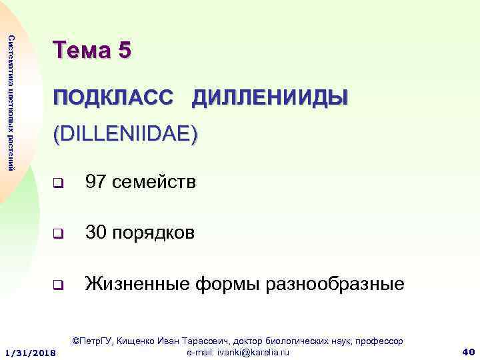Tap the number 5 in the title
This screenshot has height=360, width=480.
pos(123,51)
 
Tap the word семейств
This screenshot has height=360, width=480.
pos(155,181)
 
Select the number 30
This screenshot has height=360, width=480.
pos(97,233)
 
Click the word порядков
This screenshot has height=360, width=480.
pos(155,233)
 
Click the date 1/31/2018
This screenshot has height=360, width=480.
pos(31,351)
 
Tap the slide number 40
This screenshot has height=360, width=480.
pos(467,351)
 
